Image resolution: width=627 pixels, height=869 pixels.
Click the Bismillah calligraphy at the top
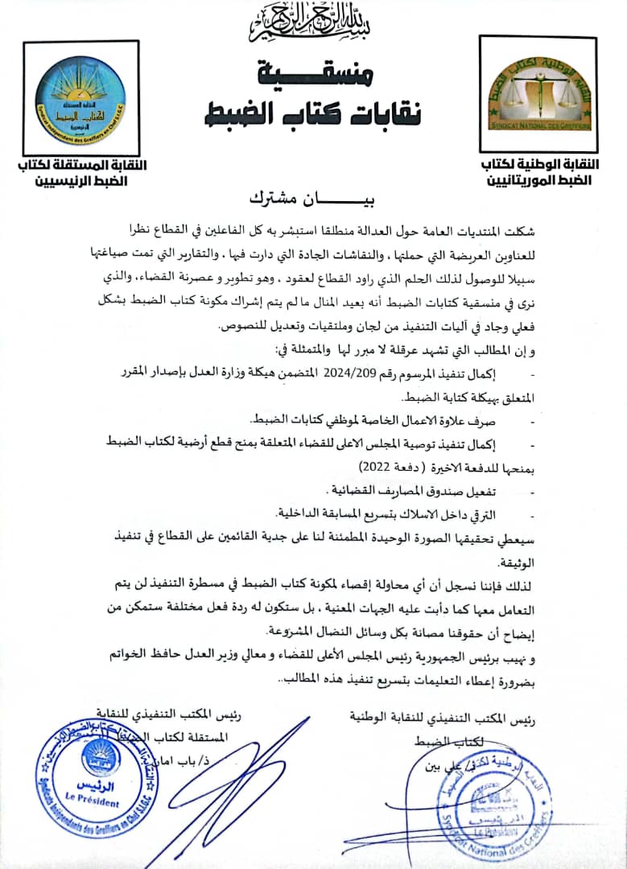[313, 25]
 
